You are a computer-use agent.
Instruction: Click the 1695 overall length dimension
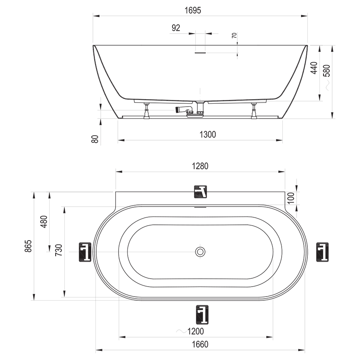200,10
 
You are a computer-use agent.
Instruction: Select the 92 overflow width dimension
175,28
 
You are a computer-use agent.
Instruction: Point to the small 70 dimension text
235,36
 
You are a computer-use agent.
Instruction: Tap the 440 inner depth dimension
314,68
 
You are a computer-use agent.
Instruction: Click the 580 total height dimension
327,70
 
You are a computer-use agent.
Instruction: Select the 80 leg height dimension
95,139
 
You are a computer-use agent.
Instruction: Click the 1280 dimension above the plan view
200,166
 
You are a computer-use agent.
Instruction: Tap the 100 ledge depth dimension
291,198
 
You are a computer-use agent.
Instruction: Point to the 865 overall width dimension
28,246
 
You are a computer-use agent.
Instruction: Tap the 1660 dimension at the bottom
200,344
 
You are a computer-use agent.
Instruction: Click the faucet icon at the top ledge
200,192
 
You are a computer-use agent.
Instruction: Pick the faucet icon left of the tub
85,252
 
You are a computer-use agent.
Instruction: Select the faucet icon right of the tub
322,252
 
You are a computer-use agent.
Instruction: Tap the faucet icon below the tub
201,314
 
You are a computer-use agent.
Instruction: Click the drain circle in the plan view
200,252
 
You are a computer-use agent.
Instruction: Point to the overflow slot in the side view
200,52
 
